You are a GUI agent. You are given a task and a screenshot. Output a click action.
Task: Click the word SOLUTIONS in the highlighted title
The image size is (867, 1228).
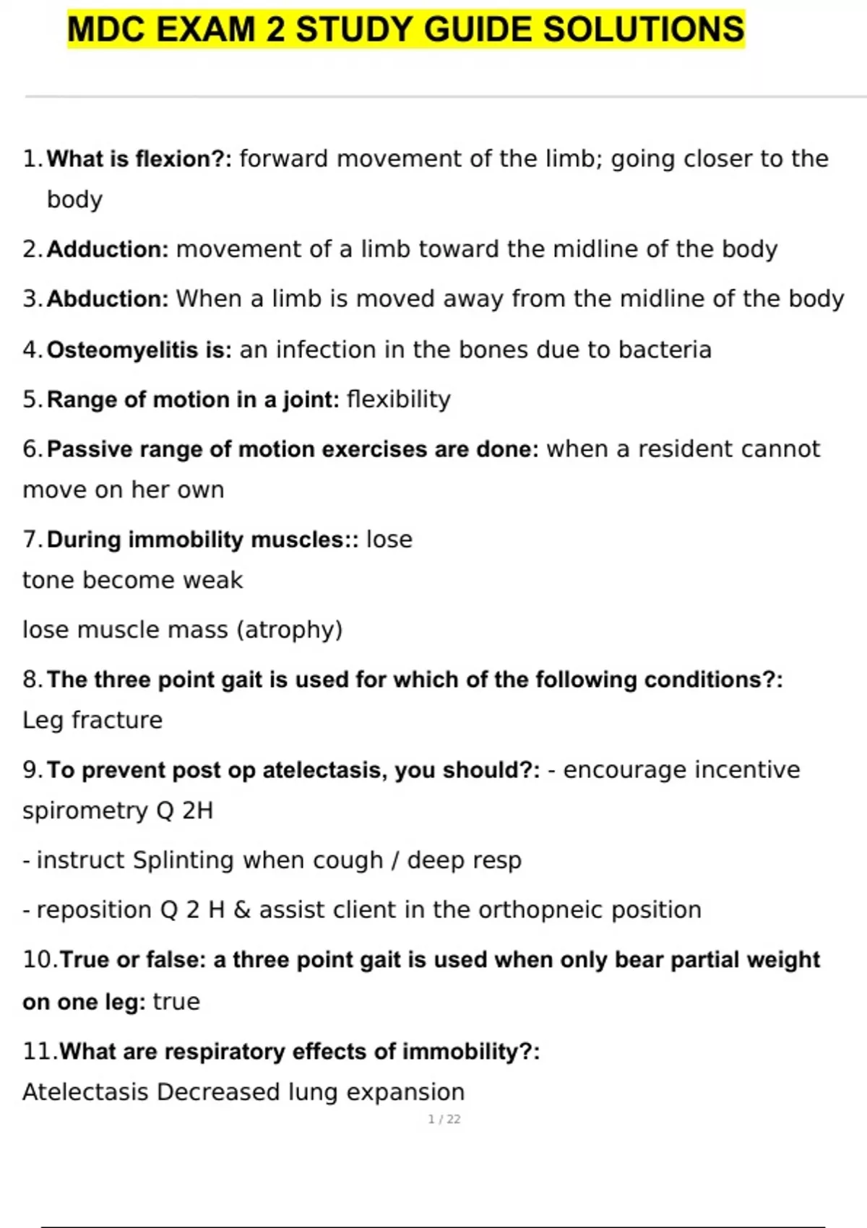[643, 30]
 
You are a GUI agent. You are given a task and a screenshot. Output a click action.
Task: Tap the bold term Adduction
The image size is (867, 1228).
[107, 249]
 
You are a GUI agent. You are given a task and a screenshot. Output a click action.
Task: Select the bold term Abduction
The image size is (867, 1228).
[107, 299]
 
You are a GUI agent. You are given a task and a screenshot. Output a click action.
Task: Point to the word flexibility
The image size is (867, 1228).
[399, 399]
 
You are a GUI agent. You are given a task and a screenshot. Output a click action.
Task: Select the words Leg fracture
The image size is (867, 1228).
[92, 720]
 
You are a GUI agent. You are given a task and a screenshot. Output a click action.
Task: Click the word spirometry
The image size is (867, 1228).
[86, 811]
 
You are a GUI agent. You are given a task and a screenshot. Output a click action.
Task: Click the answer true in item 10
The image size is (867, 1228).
[176, 1002]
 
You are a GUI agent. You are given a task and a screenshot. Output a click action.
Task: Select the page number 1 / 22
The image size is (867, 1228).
[444, 1119]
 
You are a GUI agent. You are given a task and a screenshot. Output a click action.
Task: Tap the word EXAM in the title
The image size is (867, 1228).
[205, 30]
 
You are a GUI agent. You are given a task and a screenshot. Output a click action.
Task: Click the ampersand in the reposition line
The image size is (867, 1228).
[241, 910]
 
